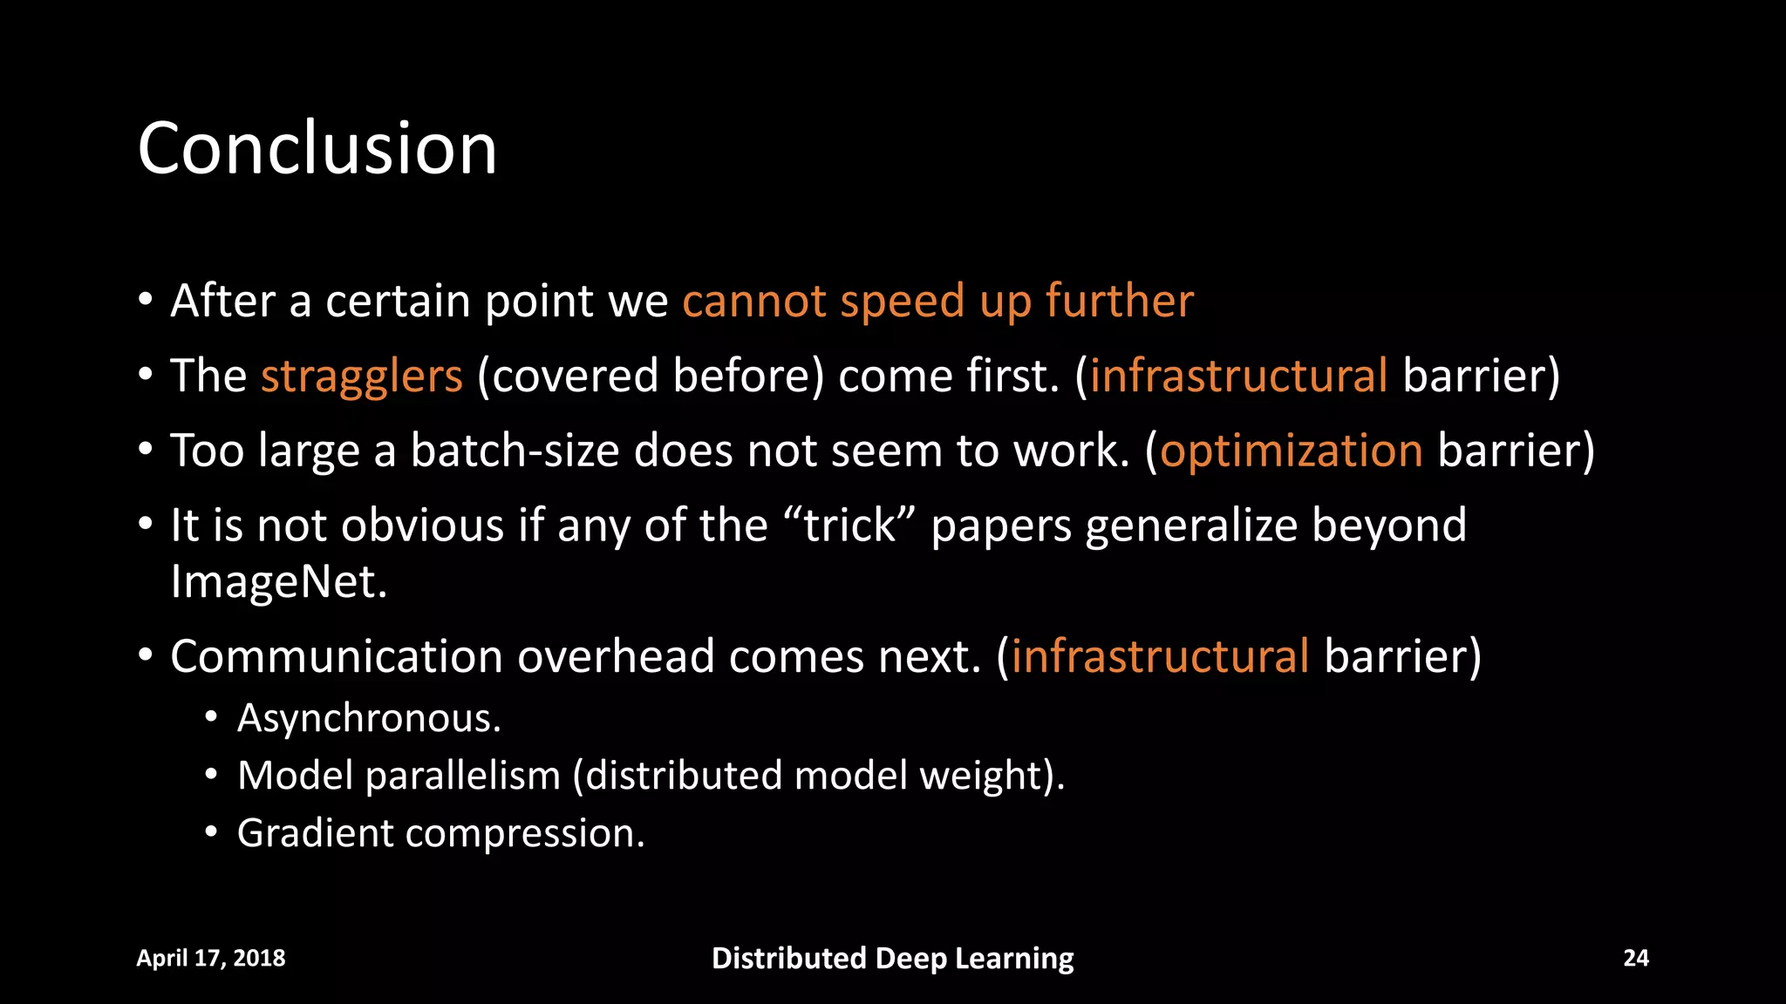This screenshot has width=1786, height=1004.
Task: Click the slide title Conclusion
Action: click(317, 149)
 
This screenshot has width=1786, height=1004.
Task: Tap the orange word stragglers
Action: click(361, 376)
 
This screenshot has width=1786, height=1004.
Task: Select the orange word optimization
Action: click(1291, 451)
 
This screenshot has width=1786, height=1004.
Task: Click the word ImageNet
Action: click(277, 582)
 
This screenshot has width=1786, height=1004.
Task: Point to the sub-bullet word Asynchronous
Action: click(368, 719)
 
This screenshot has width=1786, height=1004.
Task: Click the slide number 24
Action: click(1635, 958)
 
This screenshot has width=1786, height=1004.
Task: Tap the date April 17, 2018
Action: click(211, 958)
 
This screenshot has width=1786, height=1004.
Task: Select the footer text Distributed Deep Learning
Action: click(892, 958)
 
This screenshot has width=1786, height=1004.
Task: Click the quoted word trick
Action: click(849, 526)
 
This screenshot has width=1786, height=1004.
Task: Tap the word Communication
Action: click(336, 656)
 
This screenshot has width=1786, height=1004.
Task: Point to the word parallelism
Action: click(462, 776)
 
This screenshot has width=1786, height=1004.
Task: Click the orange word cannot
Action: click(753, 302)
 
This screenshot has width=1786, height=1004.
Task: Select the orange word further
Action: click(1120, 302)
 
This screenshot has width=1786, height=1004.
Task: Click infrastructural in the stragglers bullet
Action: click(1238, 376)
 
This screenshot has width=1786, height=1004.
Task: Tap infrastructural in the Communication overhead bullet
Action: click(1160, 656)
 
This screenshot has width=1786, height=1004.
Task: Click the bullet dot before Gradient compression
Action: click(210, 833)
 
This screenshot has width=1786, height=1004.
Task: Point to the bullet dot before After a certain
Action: click(146, 301)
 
